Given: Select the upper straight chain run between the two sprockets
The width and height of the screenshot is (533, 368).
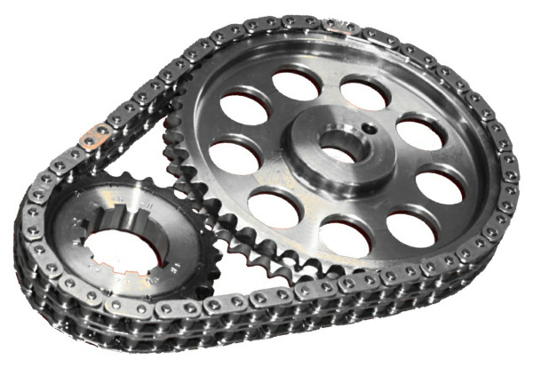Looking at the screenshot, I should point(151,89).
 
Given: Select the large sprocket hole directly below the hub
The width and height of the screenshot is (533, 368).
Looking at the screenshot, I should point(346,235).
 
